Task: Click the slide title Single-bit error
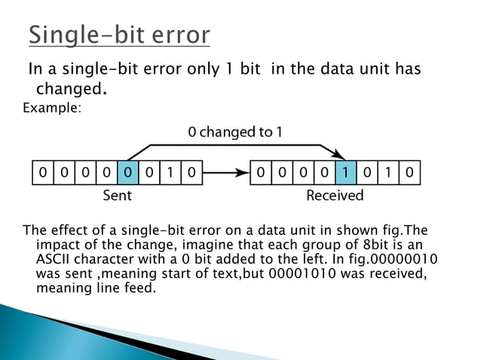[x=120, y=35]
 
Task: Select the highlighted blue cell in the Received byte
[x=345, y=173]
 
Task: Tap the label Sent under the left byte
[x=117, y=196]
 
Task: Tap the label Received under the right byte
[x=335, y=196]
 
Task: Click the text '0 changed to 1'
[x=235, y=132]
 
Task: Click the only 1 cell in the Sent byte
[x=170, y=173]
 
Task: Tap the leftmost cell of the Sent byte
[x=42, y=173]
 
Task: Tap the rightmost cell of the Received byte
[x=409, y=173]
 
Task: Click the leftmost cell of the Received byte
[x=260, y=173]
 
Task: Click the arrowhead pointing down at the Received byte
[x=342, y=156]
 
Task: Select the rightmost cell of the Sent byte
[x=192, y=173]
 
